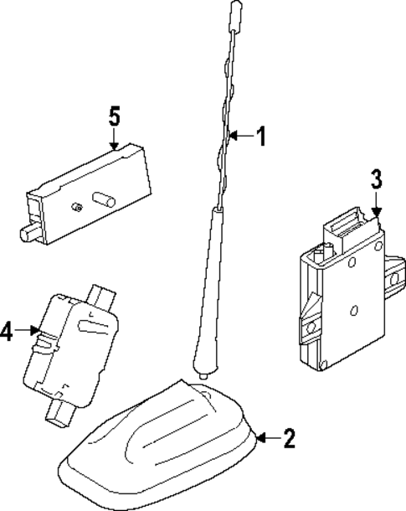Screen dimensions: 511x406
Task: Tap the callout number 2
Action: pyautogui.click(x=288, y=437)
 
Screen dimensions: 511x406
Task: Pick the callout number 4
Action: pyautogui.click(x=7, y=331)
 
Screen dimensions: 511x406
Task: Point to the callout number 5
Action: pyautogui.click(x=115, y=115)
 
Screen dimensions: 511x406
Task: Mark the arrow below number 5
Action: pyautogui.click(x=115, y=140)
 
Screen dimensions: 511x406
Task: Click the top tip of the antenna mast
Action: pyautogui.click(x=233, y=9)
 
